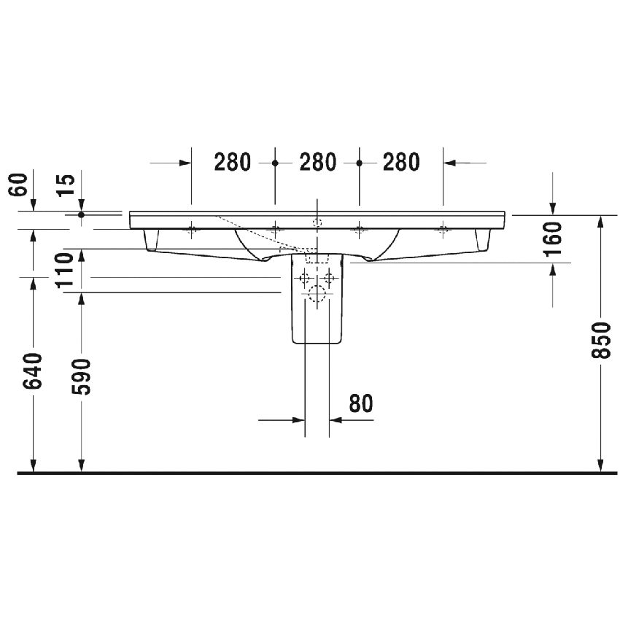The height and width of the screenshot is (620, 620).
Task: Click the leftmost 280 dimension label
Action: (233, 162)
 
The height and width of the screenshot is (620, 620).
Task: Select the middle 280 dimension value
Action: (317, 162)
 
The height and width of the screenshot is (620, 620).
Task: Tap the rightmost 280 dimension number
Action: (400, 162)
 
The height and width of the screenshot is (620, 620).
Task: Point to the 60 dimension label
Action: (19, 185)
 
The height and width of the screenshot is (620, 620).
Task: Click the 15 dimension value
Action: (66, 185)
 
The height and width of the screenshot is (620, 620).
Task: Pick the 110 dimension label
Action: (66, 268)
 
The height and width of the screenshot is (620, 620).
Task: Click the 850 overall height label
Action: (600, 340)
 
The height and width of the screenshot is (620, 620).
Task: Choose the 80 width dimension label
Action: (360, 403)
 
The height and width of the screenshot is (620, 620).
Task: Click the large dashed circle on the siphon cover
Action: (317, 294)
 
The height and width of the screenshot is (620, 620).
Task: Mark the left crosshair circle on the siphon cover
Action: (305, 277)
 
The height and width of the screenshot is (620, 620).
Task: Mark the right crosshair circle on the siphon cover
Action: (329, 277)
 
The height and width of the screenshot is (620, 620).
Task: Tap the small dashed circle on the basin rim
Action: (317, 222)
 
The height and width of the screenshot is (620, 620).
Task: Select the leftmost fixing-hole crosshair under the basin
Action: (192, 230)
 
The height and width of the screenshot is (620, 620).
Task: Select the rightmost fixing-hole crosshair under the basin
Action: (442, 230)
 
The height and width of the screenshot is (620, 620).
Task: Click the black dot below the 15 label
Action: (82, 214)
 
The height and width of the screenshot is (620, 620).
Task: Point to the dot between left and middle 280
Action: (275, 163)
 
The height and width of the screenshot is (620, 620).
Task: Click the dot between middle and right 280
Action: (359, 163)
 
